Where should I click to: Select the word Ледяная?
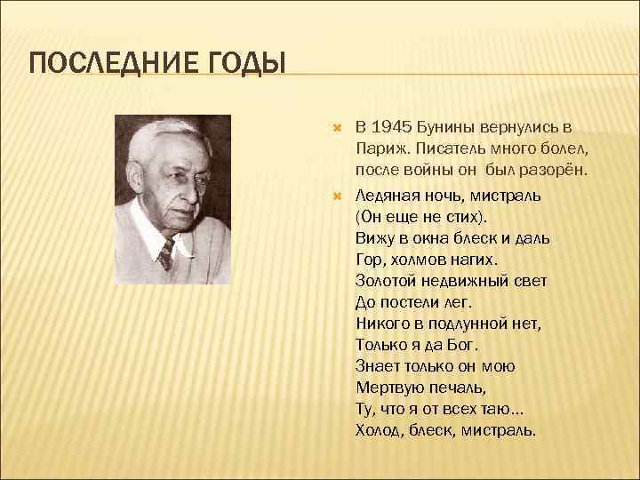pyautogui.click(x=387, y=195)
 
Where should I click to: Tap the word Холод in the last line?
pyautogui.click(x=380, y=429)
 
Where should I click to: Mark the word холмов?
pyautogui.click(x=418, y=259)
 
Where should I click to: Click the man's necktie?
pyautogui.click(x=164, y=254)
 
